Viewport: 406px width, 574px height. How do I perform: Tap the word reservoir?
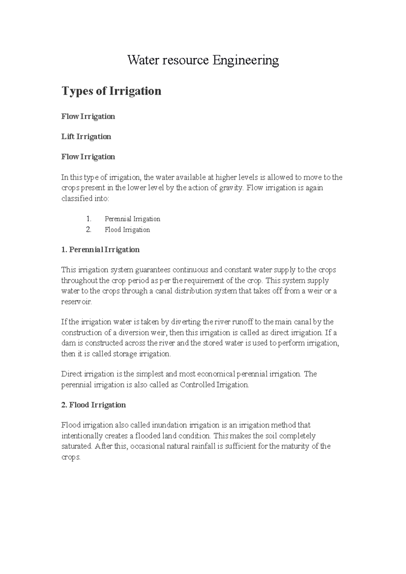coord(76,302)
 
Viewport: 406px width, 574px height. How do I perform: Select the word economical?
coord(216,374)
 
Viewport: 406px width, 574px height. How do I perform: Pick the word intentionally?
coord(82,436)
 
